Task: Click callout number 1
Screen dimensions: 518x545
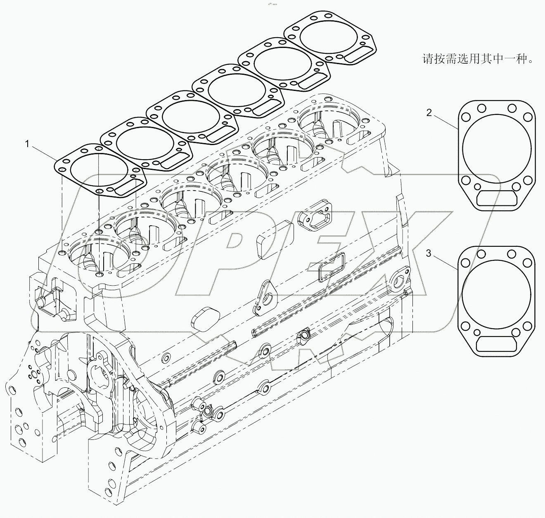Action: pos(27,144)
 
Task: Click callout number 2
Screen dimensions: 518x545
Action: pos(429,112)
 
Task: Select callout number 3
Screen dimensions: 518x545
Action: pos(429,253)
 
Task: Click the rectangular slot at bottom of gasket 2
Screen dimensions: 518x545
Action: pos(496,198)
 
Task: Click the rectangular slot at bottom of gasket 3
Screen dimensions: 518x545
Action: pos(496,344)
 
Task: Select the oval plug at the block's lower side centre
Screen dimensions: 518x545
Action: pos(202,318)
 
